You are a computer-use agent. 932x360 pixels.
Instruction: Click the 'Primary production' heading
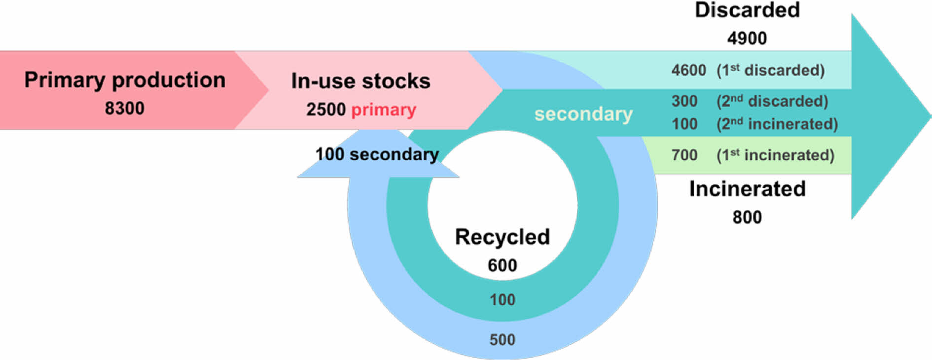click(125, 80)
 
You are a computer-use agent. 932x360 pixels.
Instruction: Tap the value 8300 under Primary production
click(124, 108)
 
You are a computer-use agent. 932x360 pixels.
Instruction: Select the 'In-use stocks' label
click(360, 81)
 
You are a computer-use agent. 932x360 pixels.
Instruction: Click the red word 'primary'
click(384, 109)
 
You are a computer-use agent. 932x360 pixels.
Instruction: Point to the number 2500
click(326, 109)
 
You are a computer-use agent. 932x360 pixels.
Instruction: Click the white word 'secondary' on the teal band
click(583, 114)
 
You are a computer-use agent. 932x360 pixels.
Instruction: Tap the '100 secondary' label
click(377, 154)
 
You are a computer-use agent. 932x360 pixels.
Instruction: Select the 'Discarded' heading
click(747, 10)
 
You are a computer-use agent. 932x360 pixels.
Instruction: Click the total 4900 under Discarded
click(747, 38)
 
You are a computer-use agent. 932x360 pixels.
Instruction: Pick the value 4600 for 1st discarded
click(688, 70)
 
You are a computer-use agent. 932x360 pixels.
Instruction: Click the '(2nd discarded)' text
click(772, 101)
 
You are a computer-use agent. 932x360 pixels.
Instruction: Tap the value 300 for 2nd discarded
click(684, 101)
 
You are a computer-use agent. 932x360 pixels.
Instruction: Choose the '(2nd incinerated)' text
click(777, 124)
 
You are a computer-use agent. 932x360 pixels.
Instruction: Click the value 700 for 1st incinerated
click(684, 155)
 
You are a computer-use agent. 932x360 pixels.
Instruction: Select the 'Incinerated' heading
click(747, 189)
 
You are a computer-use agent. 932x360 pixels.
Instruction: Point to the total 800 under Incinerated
click(747, 217)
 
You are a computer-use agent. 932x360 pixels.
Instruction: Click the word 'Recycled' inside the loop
click(502, 237)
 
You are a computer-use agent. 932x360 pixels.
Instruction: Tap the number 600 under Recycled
click(502, 265)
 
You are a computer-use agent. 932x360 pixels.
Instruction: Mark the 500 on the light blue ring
click(502, 339)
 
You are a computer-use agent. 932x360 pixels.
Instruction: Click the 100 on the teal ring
click(502, 299)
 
